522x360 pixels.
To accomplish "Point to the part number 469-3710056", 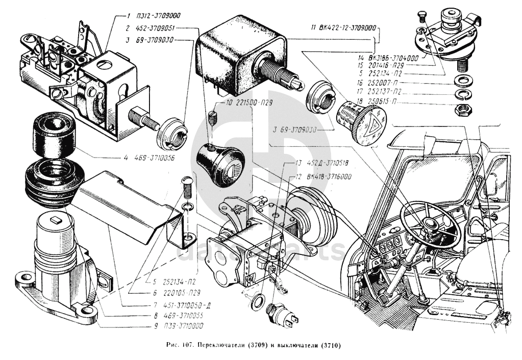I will [x=152, y=158].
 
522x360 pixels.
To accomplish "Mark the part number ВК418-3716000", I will [x=326, y=177].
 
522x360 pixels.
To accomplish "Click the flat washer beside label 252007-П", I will [x=463, y=80].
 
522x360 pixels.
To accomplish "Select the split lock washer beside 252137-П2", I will [x=463, y=95].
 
